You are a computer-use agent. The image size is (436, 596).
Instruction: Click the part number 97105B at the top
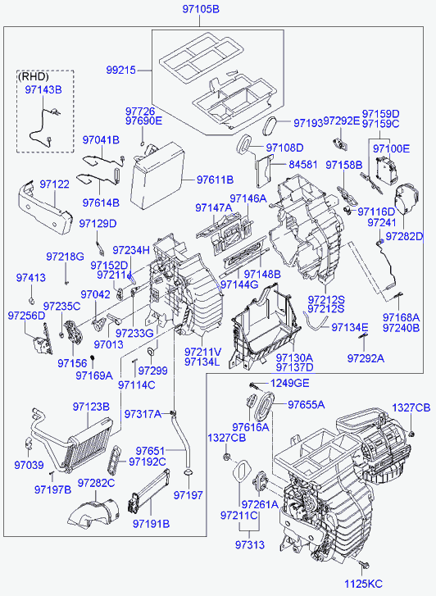coord(201,9)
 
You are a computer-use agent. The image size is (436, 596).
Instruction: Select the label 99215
coord(120,71)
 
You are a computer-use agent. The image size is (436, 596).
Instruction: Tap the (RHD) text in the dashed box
coord(33,76)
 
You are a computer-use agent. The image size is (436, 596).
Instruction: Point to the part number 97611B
coord(215,180)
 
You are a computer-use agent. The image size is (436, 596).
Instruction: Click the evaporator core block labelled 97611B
coord(157,175)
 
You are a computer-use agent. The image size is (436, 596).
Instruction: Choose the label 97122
coord(55,184)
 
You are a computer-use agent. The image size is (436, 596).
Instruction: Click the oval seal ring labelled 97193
coord(270,125)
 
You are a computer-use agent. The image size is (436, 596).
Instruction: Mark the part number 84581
coord(303,164)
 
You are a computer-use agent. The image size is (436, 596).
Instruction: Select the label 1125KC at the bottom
coord(363,584)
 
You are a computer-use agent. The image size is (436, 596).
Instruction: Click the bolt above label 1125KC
coord(365,565)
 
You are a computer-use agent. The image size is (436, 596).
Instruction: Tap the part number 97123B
coord(91,407)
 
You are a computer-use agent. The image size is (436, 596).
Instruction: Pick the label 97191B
coord(152,523)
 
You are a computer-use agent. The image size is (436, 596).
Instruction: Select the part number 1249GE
coord(289,383)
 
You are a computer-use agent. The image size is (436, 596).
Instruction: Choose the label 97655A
coord(306,404)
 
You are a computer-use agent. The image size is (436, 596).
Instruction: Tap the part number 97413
coord(31,277)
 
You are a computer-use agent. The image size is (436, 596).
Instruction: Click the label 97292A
coord(366,358)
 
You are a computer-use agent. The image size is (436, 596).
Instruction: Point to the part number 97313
coord(250,544)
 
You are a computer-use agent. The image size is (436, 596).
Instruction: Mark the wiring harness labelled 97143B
coord(43,127)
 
